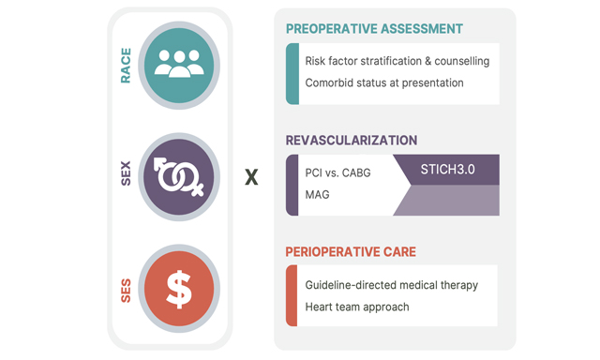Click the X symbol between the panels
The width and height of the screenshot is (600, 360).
pyautogui.click(x=251, y=176)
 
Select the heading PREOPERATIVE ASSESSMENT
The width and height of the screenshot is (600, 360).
pyautogui.click(x=374, y=28)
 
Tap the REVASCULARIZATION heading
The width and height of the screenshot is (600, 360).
pyautogui.click(x=352, y=141)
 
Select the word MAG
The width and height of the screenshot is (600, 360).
pyautogui.click(x=318, y=195)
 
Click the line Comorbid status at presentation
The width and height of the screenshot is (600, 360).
pyautogui.click(x=384, y=82)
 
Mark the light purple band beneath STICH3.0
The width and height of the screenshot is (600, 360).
pyautogui.click(x=450, y=201)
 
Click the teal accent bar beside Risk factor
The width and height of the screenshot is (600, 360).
pyautogui.click(x=292, y=73)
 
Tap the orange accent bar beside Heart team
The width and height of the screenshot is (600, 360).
pyautogui.click(x=292, y=296)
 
